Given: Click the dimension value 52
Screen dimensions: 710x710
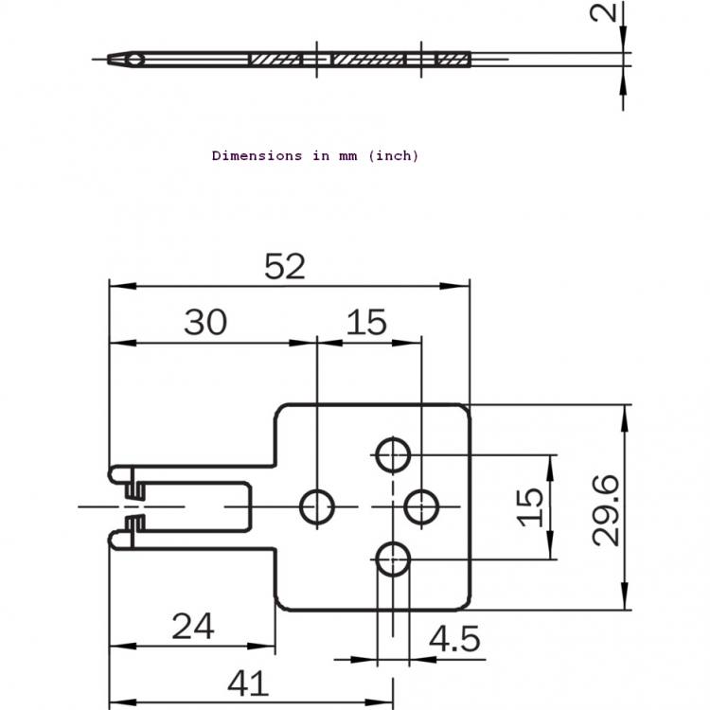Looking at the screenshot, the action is pyautogui.click(x=285, y=266).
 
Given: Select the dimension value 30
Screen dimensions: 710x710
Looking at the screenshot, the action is pyautogui.click(x=205, y=323).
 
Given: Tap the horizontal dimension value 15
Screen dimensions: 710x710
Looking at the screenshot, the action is pyautogui.click(x=366, y=323).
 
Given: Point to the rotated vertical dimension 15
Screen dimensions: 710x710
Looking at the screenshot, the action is pyautogui.click(x=530, y=507).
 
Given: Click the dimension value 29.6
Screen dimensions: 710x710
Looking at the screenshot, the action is pyautogui.click(x=606, y=510).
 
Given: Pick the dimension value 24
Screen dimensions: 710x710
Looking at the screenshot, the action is pyautogui.click(x=193, y=627).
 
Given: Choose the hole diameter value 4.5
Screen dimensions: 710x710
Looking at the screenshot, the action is pyautogui.click(x=454, y=639).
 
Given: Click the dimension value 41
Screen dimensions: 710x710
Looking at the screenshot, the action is pyautogui.click(x=248, y=683).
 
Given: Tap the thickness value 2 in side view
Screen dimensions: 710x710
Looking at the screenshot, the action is pyautogui.click(x=603, y=12).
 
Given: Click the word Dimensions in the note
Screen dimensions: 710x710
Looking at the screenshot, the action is pyautogui.click(x=257, y=156).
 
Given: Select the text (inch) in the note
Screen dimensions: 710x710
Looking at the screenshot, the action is pyautogui.click(x=394, y=156).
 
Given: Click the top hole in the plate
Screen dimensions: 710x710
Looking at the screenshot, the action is pyautogui.click(x=393, y=455).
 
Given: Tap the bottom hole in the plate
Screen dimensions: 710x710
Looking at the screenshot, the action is pyautogui.click(x=393, y=559).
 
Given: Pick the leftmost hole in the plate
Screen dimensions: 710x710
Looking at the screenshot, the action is pyautogui.click(x=317, y=507).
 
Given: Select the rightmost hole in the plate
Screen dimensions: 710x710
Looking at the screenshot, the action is pyautogui.click(x=421, y=507).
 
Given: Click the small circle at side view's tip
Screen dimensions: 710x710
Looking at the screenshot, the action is pyautogui.click(x=135, y=60).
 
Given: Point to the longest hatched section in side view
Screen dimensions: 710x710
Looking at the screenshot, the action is pyautogui.click(x=367, y=60).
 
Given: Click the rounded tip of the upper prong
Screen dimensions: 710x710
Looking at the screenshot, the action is pyautogui.click(x=111, y=474).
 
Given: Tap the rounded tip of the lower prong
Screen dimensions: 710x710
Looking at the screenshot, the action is pyautogui.click(x=111, y=541).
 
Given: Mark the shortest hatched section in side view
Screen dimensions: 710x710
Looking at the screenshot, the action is pyautogui.click(x=452, y=60).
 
